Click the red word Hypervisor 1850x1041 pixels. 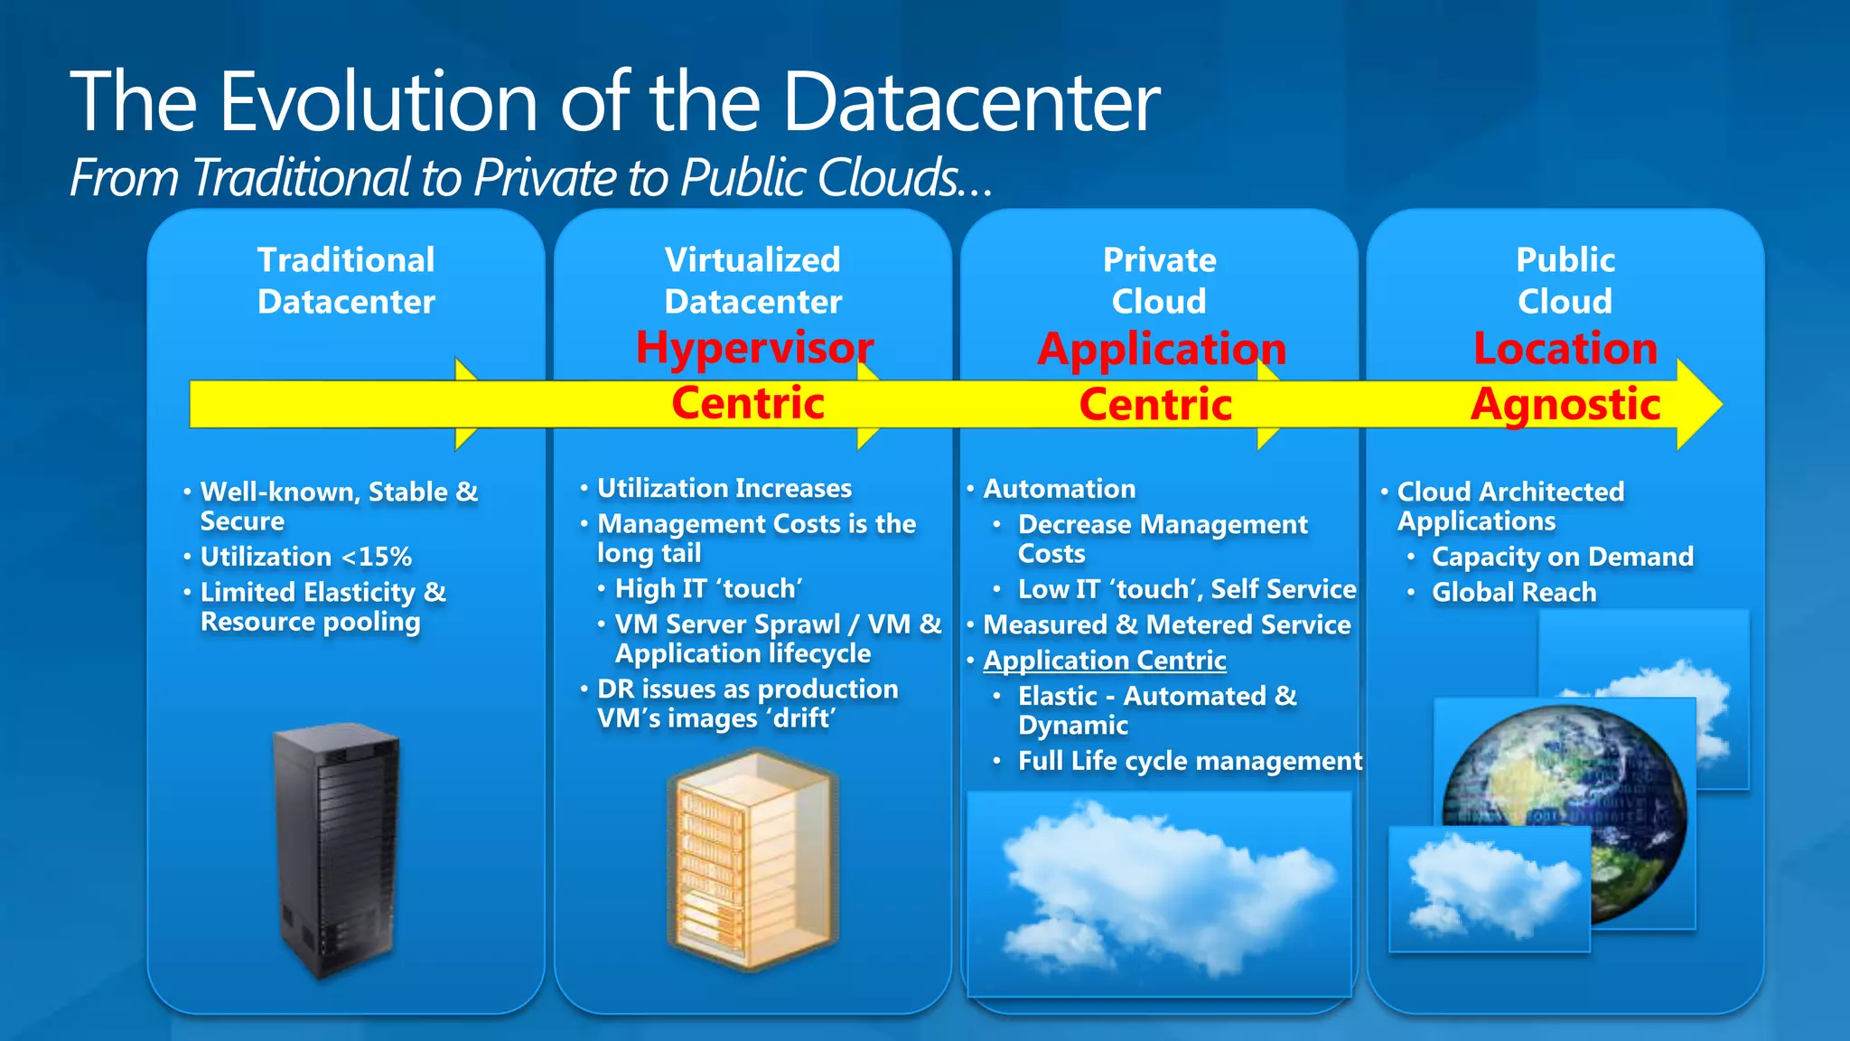click(x=754, y=347)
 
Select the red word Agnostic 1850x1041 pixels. click(x=1565, y=403)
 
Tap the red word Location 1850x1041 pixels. click(x=1565, y=348)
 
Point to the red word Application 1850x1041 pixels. click(x=1162, y=349)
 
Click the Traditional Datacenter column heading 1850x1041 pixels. click(x=346, y=280)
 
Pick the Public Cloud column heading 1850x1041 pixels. click(x=1565, y=280)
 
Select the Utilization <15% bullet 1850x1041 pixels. click(x=305, y=557)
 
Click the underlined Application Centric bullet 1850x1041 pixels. click(x=1104, y=661)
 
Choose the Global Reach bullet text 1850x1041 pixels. click(x=1514, y=593)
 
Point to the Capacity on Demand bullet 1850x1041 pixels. click(x=1562, y=557)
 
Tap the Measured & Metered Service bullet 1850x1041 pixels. click(x=1166, y=624)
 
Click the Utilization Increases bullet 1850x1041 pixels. click(x=724, y=488)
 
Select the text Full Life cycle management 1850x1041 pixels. click(x=1190, y=761)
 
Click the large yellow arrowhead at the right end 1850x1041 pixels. click(x=1698, y=404)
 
